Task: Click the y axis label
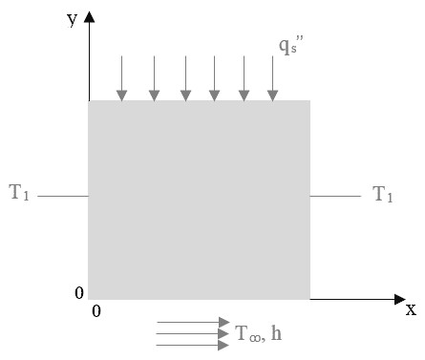point(73,20)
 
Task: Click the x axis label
point(411,309)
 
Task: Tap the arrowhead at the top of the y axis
point(89,16)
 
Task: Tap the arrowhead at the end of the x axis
point(400,299)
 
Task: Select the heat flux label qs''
point(291,45)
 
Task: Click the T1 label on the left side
point(19,193)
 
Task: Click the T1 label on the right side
point(383,194)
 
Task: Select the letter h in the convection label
point(276,333)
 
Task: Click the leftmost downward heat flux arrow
point(121,78)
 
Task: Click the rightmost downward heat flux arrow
point(272,78)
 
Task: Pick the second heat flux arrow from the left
point(154,78)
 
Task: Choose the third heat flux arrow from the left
point(185,78)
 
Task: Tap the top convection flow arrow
point(193,322)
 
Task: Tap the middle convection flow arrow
point(193,333)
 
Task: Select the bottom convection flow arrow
point(193,345)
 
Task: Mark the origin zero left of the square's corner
point(79,292)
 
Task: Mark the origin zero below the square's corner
point(96,311)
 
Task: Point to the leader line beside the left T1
point(63,196)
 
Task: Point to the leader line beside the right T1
point(335,196)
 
